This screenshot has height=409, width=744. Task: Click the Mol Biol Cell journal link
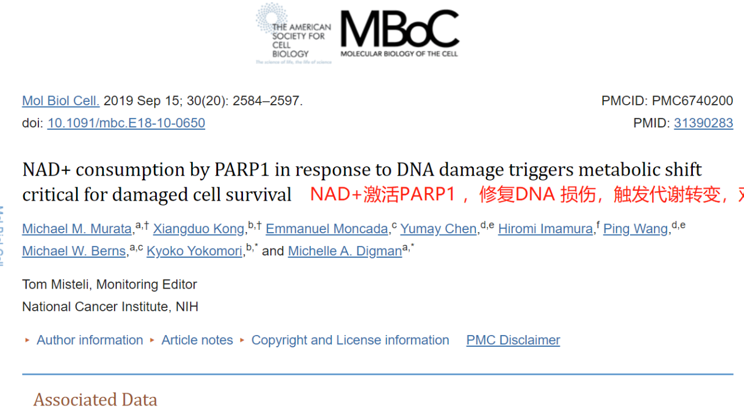[61, 101]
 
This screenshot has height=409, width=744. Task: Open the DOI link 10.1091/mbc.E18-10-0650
[126, 123]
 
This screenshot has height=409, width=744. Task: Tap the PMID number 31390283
[703, 123]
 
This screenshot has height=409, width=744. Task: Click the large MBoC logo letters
[400, 29]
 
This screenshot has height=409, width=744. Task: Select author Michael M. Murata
[77, 229]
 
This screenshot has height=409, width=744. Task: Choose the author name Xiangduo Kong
[199, 229]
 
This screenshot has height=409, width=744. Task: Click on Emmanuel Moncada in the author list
[327, 229]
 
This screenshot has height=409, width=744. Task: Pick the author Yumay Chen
[438, 229]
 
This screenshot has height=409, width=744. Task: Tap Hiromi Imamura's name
[545, 229]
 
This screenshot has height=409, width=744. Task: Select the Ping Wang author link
[635, 229]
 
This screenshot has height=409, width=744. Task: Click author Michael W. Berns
[74, 251]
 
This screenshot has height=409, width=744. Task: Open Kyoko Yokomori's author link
[194, 251]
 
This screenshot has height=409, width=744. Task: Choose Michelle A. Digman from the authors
[345, 251]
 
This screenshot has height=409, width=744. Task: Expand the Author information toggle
[90, 340]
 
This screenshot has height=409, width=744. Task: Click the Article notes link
[197, 340]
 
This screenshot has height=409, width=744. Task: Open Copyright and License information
[350, 340]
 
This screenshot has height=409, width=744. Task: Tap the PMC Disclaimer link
[513, 340]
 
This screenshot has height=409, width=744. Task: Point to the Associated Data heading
[95, 399]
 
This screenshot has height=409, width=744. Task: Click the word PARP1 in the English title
[242, 169]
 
